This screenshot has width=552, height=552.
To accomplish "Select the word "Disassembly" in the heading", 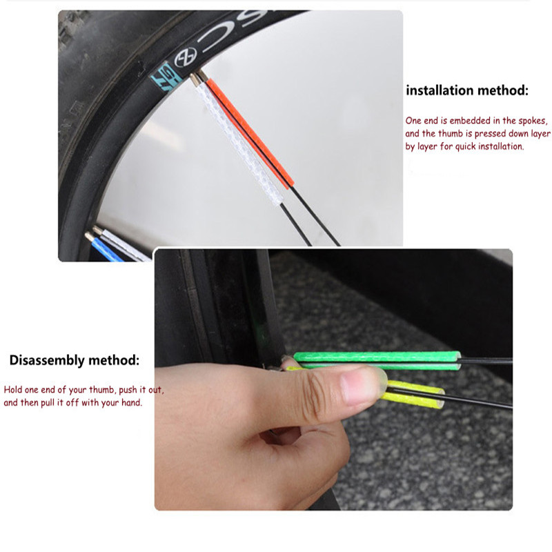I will (48, 360).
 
